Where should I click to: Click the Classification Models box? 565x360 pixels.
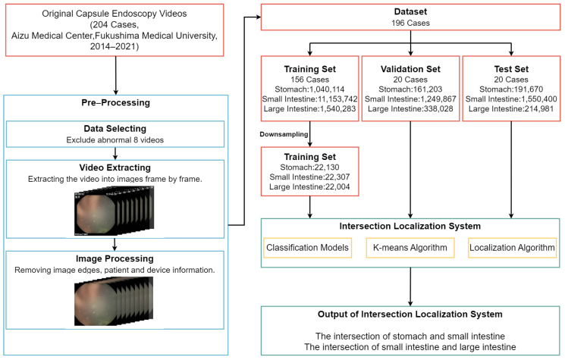coord(308,249)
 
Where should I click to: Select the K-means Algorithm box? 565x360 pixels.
coord(410,249)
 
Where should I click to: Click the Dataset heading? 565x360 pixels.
coord(410,12)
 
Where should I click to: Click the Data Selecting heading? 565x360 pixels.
coord(115,129)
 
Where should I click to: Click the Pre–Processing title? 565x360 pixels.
coord(115,101)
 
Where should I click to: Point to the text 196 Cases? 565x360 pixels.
coord(410,23)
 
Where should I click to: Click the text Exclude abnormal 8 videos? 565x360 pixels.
coord(115,140)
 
